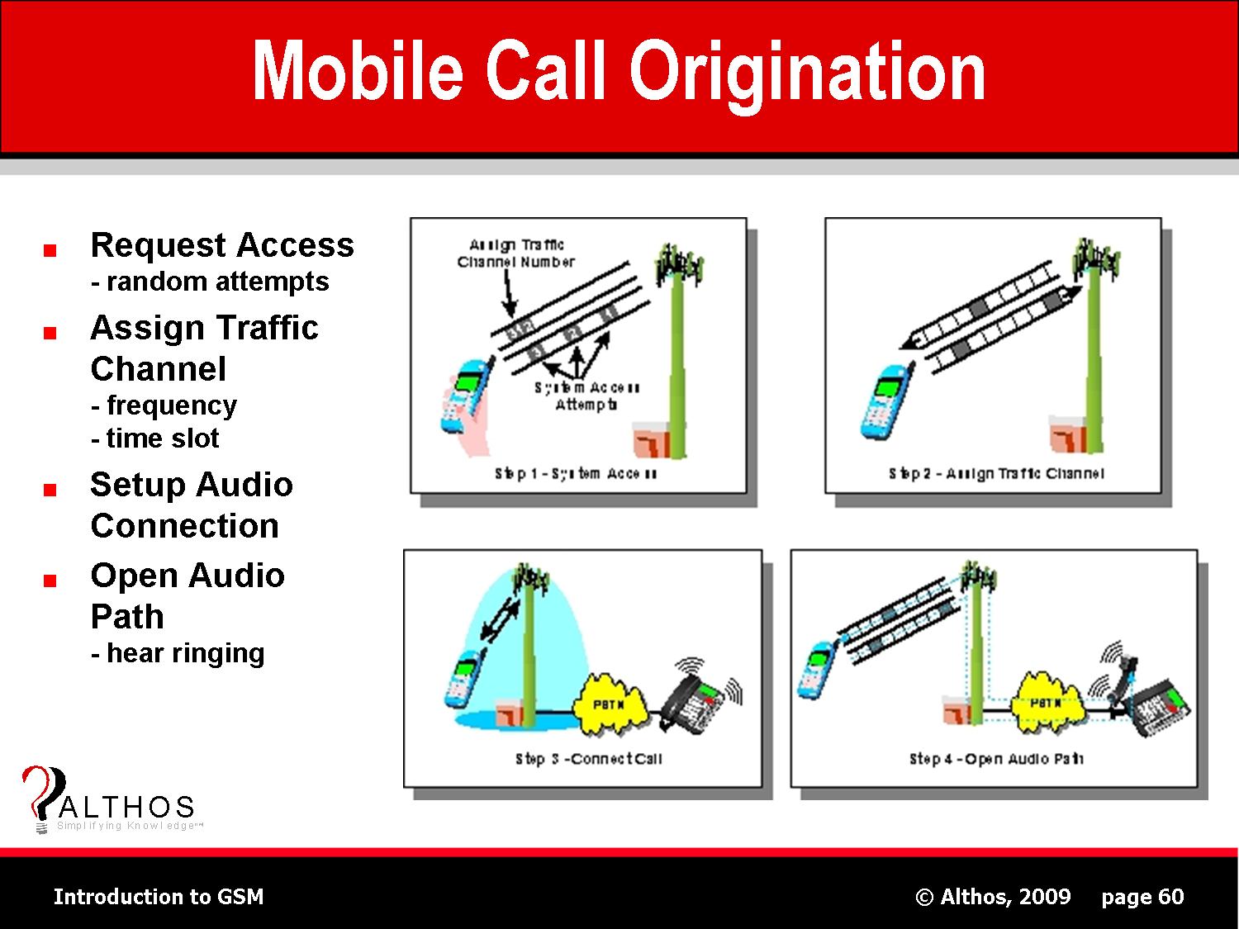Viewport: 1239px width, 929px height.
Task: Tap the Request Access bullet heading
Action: [221, 245]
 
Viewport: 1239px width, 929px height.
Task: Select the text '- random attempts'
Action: [210, 282]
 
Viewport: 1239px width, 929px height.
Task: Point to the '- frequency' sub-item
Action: [164, 405]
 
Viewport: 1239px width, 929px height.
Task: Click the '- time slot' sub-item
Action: [154, 438]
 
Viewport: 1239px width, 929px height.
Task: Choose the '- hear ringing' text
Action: [178, 653]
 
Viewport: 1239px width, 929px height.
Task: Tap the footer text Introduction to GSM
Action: [159, 897]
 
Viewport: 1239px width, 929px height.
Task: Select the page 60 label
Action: [1142, 897]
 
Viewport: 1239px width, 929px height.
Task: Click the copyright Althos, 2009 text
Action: [993, 897]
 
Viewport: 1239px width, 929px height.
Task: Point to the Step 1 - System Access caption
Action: [576, 474]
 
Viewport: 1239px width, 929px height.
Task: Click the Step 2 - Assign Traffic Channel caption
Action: [996, 474]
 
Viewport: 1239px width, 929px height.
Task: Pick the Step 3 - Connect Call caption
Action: [588, 759]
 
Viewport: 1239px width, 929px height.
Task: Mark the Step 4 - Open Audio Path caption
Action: [995, 759]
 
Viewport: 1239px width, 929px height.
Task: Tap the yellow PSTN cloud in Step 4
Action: [1045, 704]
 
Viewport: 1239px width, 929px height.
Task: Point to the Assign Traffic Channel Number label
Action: [515, 254]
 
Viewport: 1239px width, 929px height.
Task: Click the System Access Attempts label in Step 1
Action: [586, 396]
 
